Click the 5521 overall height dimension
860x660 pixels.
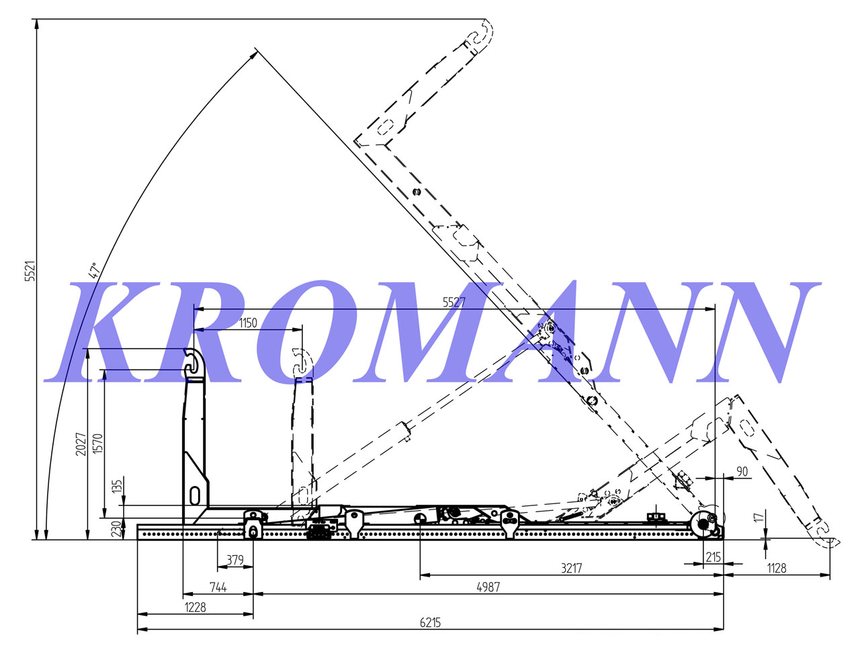pos(30,272)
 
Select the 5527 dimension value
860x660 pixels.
pos(454,302)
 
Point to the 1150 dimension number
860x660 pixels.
pos(248,323)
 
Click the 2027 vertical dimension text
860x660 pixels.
pos(81,444)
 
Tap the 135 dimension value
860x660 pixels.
pos(118,486)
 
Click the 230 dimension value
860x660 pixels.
pos(116,530)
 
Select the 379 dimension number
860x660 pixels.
pos(234,560)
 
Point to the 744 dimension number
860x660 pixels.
pos(218,587)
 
